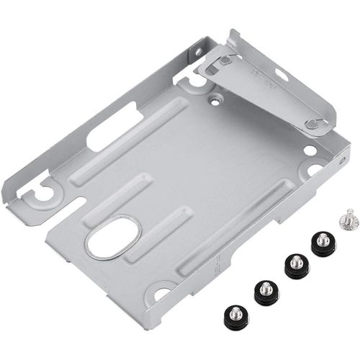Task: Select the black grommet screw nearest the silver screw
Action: coord(323,243)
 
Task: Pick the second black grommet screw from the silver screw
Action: coord(295,264)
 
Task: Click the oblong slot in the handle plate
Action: coord(281,75)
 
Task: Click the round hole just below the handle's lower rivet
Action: coord(310,150)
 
